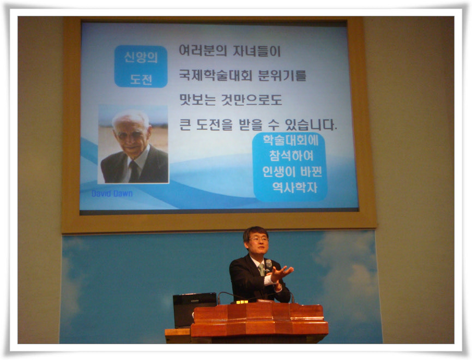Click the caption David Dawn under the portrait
(112, 193)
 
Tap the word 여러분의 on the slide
(203, 50)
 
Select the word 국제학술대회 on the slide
(215, 75)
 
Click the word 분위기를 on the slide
(282, 75)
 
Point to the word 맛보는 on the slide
(197, 100)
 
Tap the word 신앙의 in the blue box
(141, 57)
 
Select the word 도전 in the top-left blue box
(141, 79)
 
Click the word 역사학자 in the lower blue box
(295, 188)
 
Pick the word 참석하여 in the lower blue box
(291, 155)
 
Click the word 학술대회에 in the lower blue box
(291, 140)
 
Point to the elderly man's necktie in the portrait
(134, 171)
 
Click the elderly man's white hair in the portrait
(130, 117)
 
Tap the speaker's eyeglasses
(258, 239)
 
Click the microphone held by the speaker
(268, 265)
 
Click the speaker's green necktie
(262, 269)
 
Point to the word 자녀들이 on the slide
(257, 50)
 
